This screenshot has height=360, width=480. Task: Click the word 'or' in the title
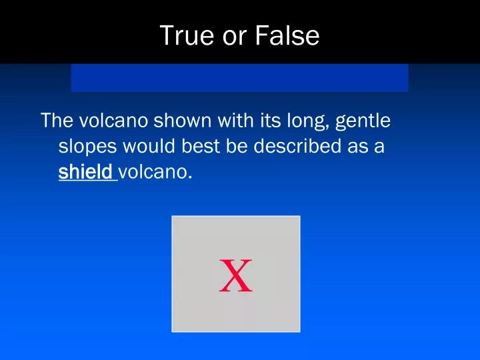click(235, 36)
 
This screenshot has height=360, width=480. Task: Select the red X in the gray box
click(236, 277)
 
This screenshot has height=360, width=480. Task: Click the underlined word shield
click(85, 172)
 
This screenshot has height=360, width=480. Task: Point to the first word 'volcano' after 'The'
click(114, 121)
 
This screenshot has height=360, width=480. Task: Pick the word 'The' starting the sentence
click(57, 121)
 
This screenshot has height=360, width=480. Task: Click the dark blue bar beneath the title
click(239, 78)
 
